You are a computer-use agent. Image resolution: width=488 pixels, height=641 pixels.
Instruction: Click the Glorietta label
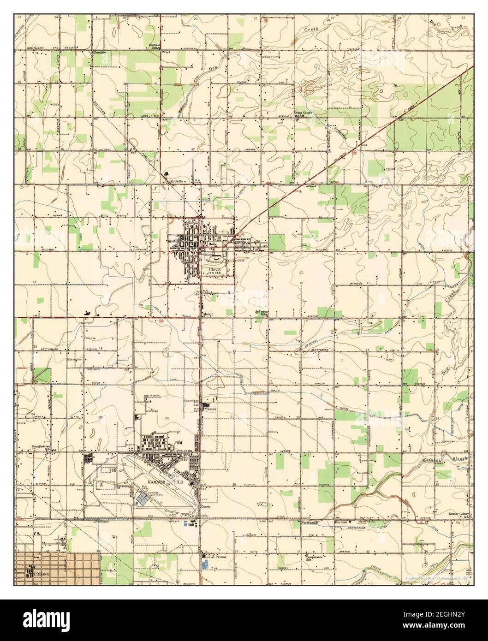click(177, 182)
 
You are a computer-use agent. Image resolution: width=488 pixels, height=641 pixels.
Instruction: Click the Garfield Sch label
click(154, 46)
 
